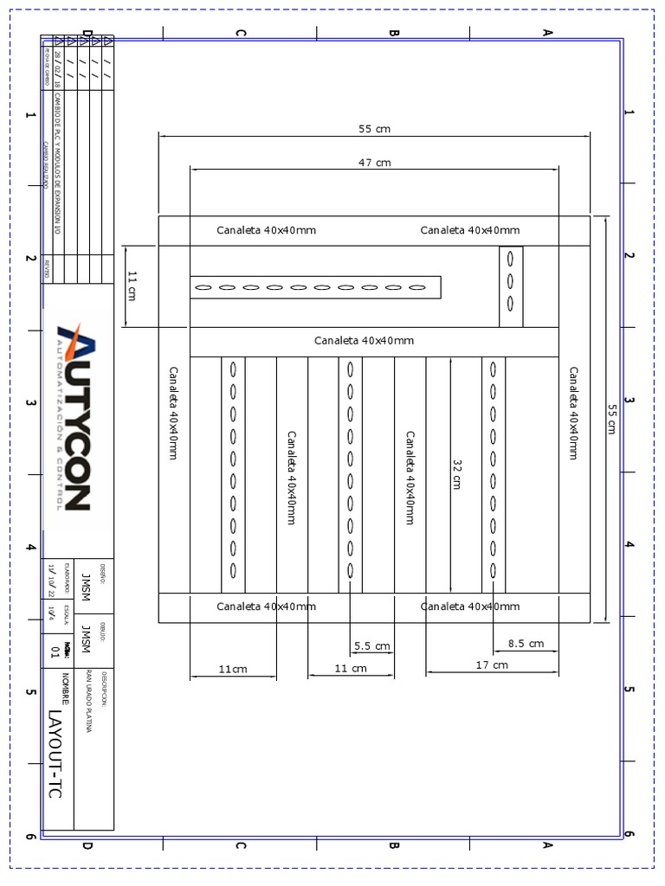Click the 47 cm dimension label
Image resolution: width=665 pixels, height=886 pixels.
(375, 163)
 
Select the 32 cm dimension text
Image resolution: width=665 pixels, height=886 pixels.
(456, 475)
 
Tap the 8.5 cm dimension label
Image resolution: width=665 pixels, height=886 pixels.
(526, 644)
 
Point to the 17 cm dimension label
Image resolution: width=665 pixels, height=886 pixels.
(492, 665)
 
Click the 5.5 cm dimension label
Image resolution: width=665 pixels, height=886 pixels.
(372, 646)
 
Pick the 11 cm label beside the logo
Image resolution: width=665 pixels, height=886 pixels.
(132, 285)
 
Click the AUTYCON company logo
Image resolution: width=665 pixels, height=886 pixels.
(74, 416)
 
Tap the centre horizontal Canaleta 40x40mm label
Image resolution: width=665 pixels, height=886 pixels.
(364, 341)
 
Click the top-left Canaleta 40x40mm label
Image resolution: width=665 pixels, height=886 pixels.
(266, 230)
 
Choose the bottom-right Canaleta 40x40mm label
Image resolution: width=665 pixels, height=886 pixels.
(470, 607)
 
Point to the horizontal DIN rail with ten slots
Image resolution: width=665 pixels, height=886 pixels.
(315, 287)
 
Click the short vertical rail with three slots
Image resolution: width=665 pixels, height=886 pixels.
(511, 286)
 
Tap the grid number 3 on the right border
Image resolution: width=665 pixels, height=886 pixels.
(629, 401)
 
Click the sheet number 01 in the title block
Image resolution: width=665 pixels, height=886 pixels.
(55, 652)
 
